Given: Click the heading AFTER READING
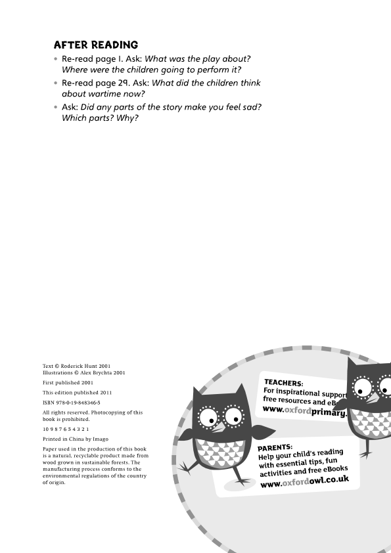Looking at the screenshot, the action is [95, 45].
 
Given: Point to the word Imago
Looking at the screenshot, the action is [99, 439].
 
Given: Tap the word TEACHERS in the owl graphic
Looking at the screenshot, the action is [283, 382].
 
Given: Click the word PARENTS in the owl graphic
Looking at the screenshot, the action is [275, 447].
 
